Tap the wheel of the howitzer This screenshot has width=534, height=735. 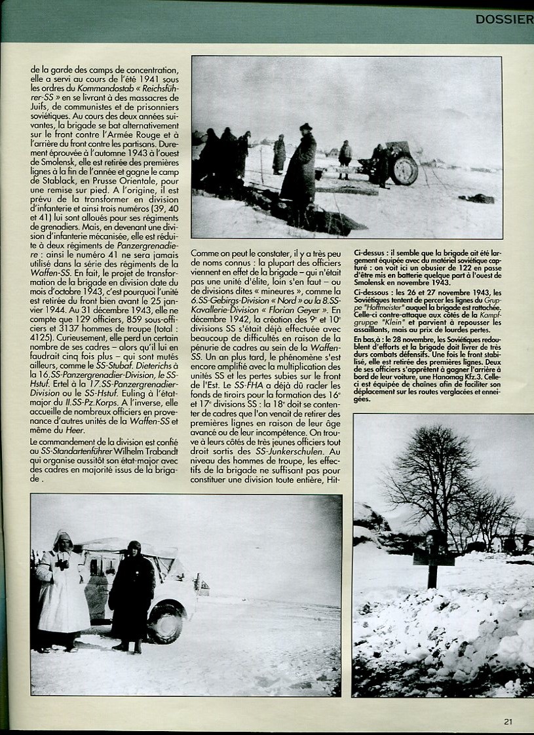click(x=403, y=170)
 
